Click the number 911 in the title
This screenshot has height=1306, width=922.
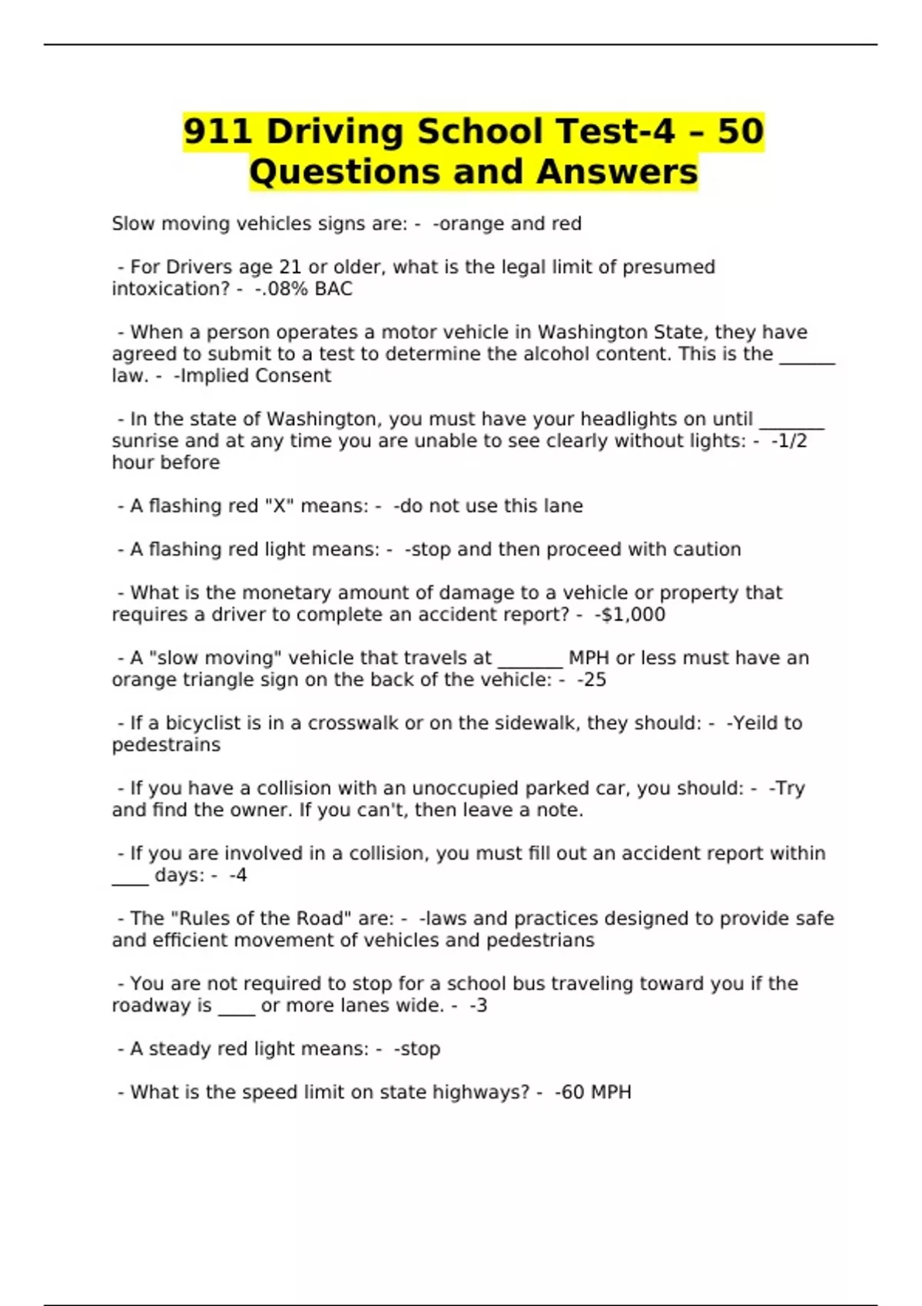(x=218, y=131)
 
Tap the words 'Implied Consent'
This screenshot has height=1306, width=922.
(x=255, y=376)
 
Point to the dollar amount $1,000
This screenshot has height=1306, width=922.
(x=632, y=615)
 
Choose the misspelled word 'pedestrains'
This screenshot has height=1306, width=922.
(x=166, y=744)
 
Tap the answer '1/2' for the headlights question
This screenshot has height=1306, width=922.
(x=792, y=441)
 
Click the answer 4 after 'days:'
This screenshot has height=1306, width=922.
(x=241, y=875)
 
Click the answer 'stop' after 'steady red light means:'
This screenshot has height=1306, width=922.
(x=420, y=1049)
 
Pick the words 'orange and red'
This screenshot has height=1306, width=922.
(x=510, y=224)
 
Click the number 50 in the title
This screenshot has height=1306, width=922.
(x=741, y=131)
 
